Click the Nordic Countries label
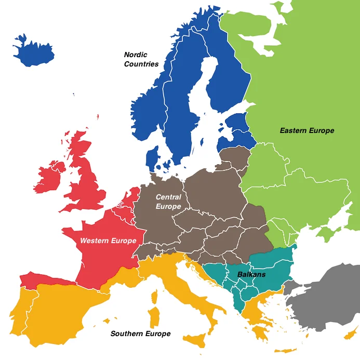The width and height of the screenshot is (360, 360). click(141, 59)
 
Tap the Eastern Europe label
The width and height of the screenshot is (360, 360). click(306, 130)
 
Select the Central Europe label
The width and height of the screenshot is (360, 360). click(168, 202)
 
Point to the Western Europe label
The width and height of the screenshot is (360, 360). click(108, 241)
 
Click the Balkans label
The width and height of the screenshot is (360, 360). click(251, 274)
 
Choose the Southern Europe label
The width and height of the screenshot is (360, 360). click(140, 334)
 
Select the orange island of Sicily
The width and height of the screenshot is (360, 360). click(197, 340)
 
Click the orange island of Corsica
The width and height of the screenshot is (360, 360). click(155, 297)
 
